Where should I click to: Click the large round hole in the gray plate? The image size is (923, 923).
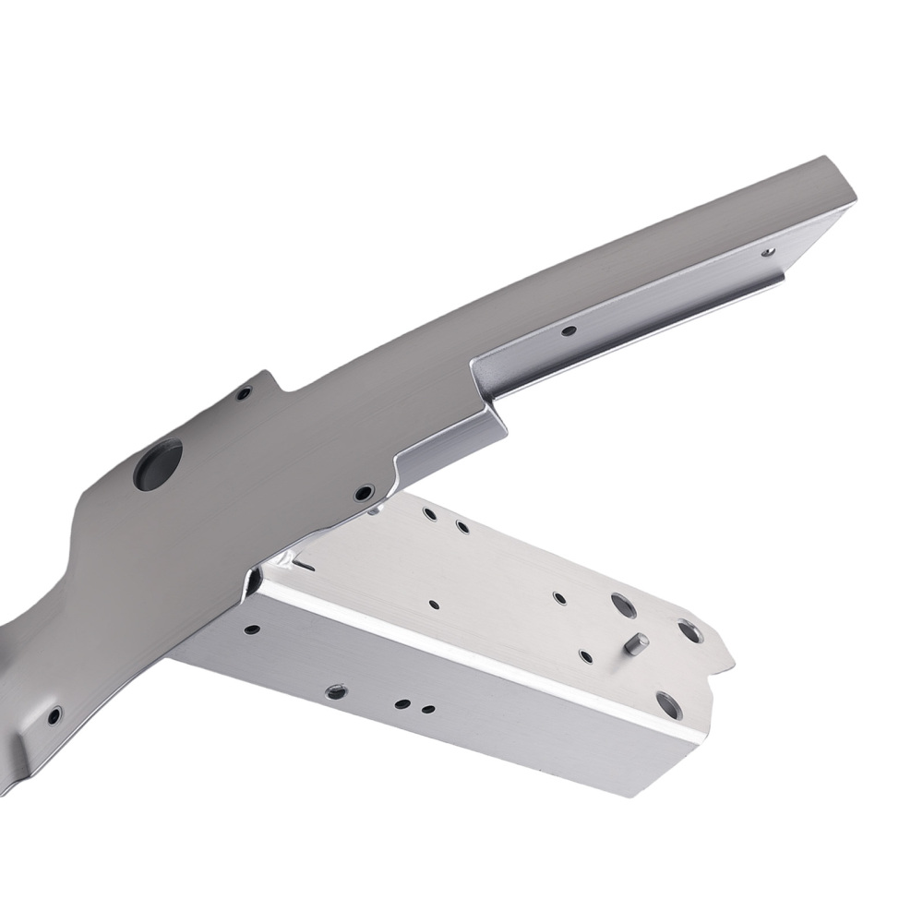coord(158,464)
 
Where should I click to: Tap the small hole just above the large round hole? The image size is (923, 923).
coord(244,394)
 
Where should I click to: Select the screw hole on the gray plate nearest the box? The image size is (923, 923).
coord(365,492)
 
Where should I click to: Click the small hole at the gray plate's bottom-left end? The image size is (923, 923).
coord(54,715)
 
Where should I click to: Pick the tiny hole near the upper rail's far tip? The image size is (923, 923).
coord(768,250)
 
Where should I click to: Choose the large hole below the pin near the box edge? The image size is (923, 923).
coord(668,704)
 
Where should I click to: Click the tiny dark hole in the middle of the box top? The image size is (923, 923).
coord(434,605)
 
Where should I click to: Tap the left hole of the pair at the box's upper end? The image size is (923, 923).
coord(429,513)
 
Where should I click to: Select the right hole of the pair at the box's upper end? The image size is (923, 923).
coord(461,527)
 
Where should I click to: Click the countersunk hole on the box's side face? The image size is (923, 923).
coord(337,690)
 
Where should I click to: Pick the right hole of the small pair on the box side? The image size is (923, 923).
coord(427,710)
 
